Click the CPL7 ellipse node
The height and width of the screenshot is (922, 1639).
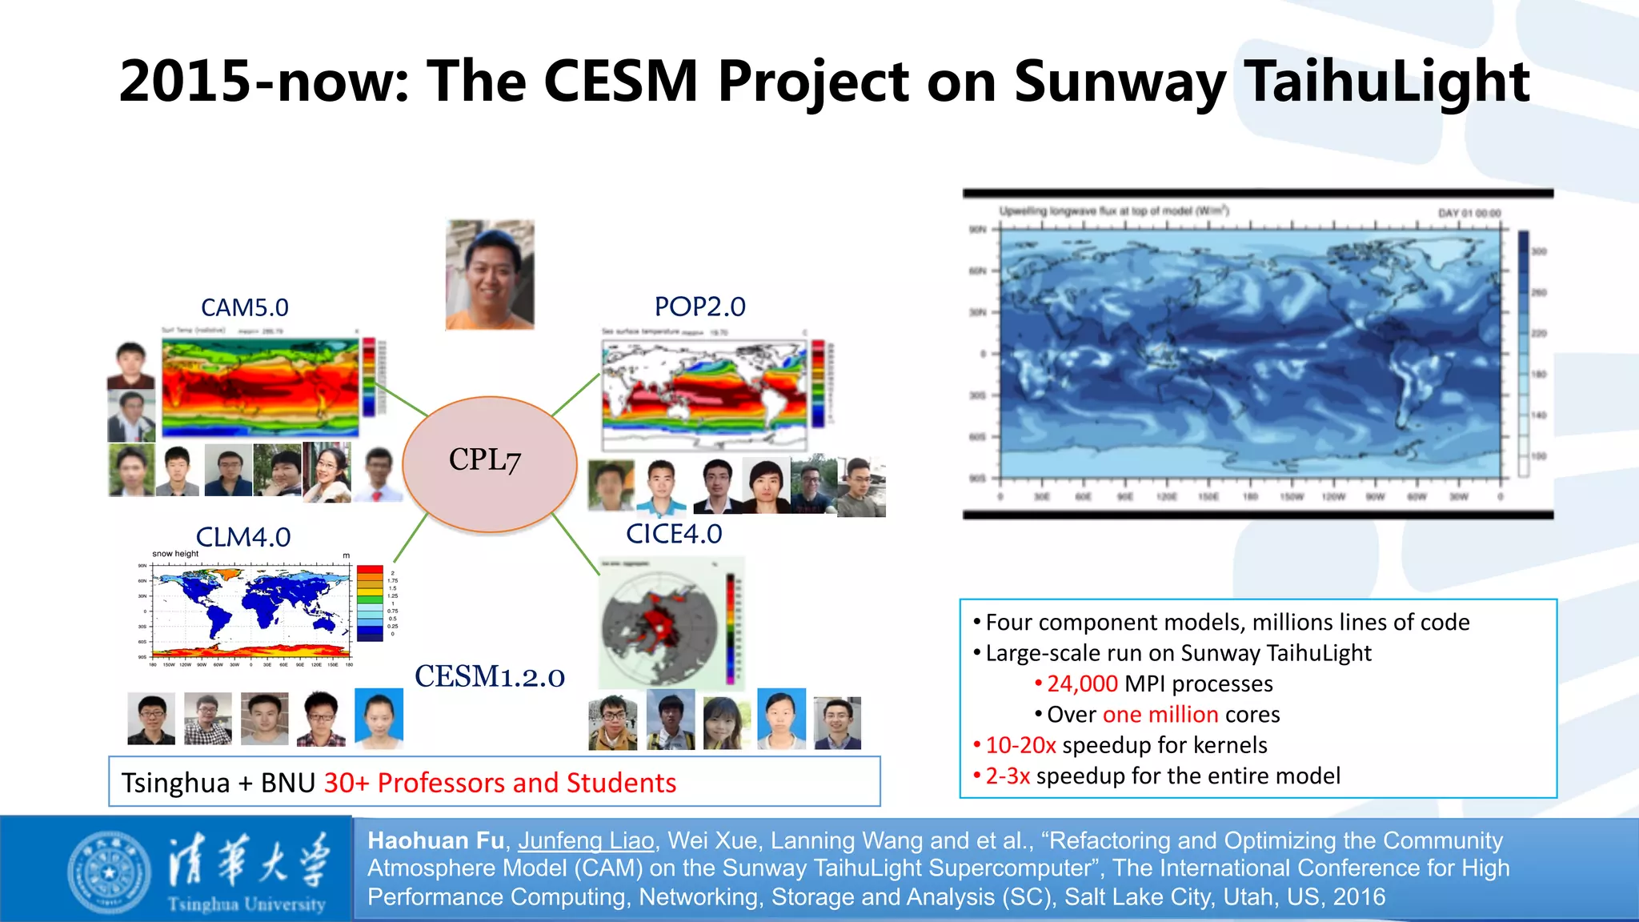[490, 463]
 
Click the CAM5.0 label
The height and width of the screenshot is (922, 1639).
[244, 307]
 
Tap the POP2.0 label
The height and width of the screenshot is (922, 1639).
[699, 307]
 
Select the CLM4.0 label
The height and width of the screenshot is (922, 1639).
[242, 537]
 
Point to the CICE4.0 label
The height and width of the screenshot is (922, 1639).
[674, 534]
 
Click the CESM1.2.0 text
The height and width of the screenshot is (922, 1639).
[490, 677]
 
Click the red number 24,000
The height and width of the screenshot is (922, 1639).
[1082, 683]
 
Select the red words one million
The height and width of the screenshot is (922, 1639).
[1160, 714]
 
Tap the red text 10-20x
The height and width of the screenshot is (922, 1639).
[1020, 745]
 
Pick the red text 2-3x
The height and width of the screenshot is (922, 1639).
[1007, 776]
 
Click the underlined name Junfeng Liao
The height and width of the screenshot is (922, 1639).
[586, 840]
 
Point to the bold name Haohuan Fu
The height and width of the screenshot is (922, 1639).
[435, 840]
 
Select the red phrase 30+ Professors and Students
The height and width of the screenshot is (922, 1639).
[500, 783]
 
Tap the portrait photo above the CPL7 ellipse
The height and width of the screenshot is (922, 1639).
[490, 275]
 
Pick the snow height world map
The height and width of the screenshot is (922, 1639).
[252, 611]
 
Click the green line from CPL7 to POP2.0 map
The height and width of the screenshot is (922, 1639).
[575, 395]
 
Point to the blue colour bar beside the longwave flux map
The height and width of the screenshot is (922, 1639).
[1524, 352]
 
